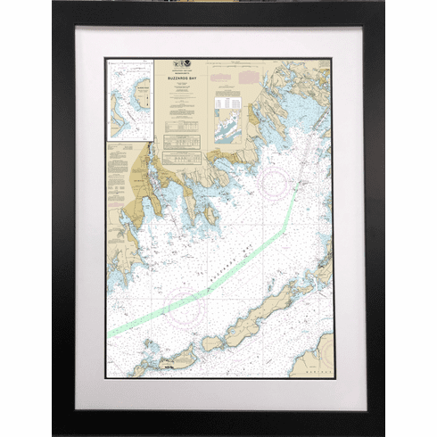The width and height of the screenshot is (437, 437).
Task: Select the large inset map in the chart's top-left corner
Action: coord(130,100)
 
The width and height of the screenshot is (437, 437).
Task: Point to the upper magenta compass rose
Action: coord(276,183)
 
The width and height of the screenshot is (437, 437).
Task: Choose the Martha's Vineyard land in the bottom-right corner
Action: coord(314,357)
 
